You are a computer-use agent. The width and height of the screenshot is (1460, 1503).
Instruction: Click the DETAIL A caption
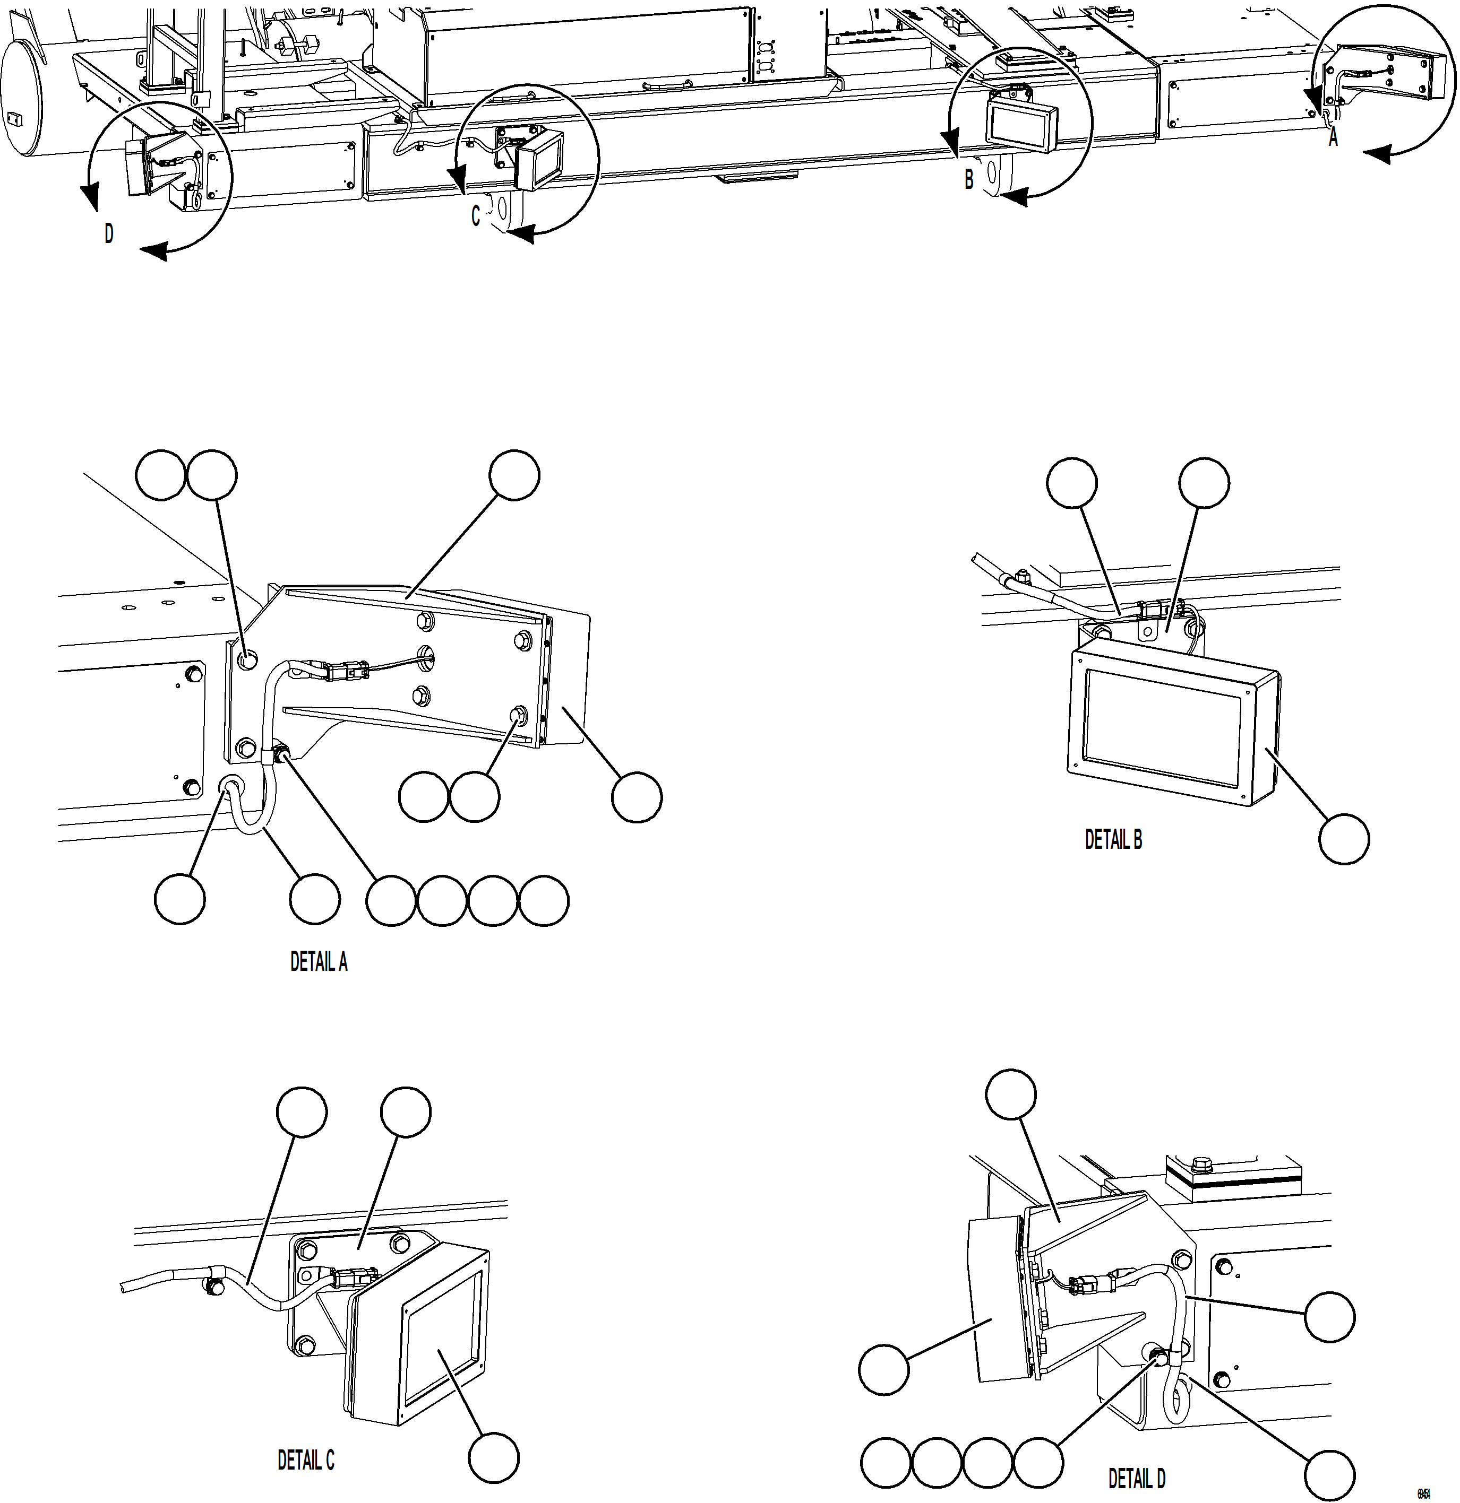click(319, 962)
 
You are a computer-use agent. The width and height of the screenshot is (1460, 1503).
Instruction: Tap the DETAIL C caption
click(305, 1460)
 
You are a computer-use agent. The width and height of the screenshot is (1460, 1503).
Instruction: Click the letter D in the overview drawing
click(109, 234)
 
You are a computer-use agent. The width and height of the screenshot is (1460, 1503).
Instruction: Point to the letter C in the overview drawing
click(476, 217)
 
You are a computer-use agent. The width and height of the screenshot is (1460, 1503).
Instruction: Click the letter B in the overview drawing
click(969, 180)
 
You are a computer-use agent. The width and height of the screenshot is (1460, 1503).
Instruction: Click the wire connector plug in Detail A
click(343, 672)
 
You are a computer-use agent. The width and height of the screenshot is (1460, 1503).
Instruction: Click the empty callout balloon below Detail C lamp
click(494, 1457)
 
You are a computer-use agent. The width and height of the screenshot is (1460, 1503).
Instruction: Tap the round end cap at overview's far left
click(21, 98)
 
